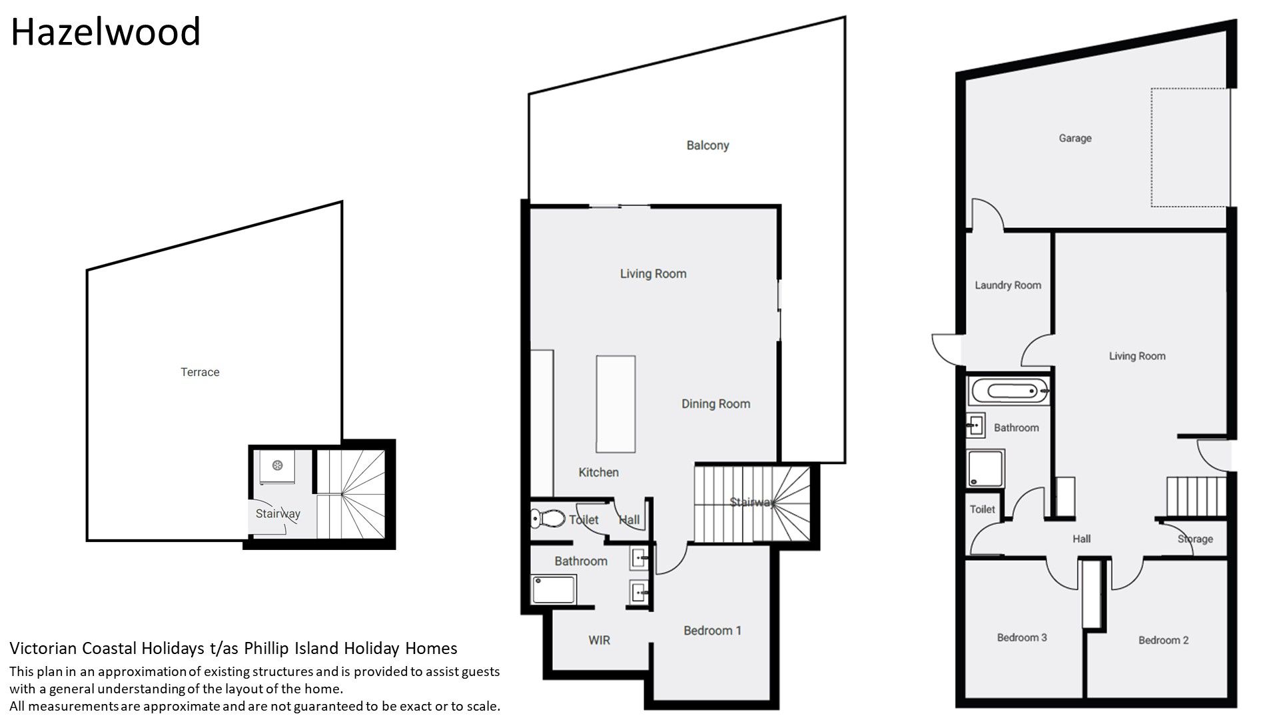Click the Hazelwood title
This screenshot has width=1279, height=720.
(x=105, y=31)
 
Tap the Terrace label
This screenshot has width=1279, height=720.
(x=200, y=372)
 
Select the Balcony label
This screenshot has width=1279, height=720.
(x=707, y=145)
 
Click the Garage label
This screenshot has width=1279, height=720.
(x=1075, y=138)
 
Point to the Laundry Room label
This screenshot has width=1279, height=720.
(x=1008, y=285)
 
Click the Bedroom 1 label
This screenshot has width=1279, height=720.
(x=712, y=631)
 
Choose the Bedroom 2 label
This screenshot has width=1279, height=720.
(x=1164, y=640)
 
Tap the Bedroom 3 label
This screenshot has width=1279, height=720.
(x=1022, y=637)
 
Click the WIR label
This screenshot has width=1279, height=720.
(x=599, y=640)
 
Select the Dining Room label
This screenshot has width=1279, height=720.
(x=715, y=404)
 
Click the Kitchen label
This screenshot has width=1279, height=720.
(x=598, y=472)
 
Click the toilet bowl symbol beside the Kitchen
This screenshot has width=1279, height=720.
(x=548, y=518)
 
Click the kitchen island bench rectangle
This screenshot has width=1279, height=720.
(x=616, y=404)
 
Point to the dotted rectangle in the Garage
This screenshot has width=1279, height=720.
(x=1190, y=147)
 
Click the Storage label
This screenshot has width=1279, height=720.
(x=1195, y=539)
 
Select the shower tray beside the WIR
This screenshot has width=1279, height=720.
(x=554, y=589)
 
